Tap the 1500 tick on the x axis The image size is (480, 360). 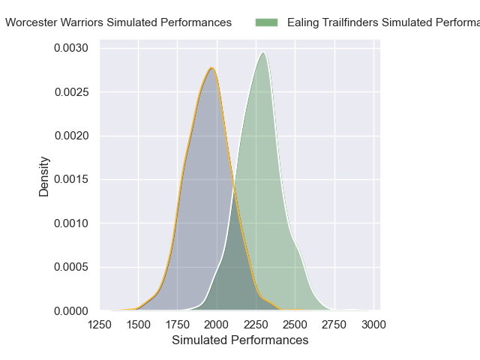[138, 325]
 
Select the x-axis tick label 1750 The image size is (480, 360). [177, 325]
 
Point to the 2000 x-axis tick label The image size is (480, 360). [217, 325]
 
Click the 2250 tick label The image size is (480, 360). [256, 325]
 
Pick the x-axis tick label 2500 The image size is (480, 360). [295, 325]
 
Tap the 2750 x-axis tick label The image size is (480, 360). [334, 325]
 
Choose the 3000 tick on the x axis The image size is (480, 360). [373, 325]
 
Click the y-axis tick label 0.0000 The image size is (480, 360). [72, 310]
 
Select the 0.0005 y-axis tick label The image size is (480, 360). [72, 267]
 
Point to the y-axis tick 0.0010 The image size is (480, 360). [72, 223]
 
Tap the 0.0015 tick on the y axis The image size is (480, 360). [72, 179]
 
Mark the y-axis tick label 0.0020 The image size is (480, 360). [72, 136]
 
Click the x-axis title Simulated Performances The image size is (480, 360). [240, 340]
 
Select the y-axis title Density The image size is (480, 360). [44, 176]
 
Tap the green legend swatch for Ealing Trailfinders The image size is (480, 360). [266, 22]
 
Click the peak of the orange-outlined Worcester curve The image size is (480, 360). [212, 68]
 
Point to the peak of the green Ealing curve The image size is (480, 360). [263, 52]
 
